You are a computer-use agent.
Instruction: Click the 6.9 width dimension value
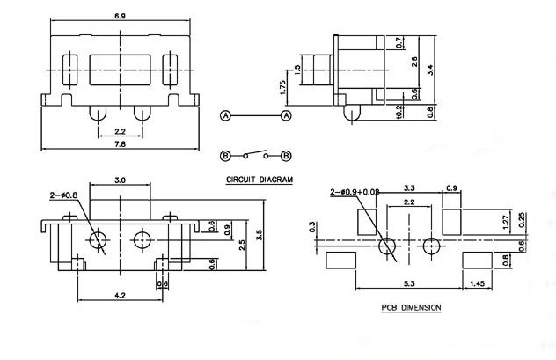coord(120,16)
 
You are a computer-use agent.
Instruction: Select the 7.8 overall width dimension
coord(120,144)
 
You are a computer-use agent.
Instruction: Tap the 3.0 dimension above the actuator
coord(120,180)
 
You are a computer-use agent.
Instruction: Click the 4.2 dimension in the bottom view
coord(120,295)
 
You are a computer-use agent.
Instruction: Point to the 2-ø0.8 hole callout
coord(64,195)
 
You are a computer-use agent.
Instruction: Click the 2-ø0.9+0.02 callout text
coord(355,192)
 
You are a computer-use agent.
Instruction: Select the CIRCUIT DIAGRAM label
coord(260,180)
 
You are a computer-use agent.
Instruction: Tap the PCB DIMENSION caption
coord(412,307)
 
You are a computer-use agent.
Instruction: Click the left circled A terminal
coord(225,115)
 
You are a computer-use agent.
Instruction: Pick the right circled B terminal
coord(286,156)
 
